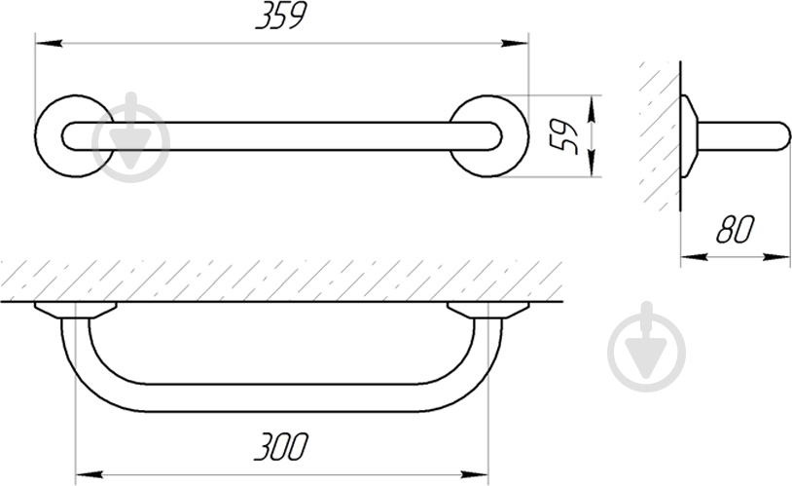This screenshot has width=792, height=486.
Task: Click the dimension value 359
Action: pos(281,18)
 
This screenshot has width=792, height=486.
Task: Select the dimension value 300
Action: pos(280,446)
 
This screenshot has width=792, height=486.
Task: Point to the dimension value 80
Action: pos(735,229)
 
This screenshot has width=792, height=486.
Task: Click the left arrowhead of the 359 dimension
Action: pos(49,44)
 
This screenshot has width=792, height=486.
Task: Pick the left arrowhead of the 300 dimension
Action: pos(89,475)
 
